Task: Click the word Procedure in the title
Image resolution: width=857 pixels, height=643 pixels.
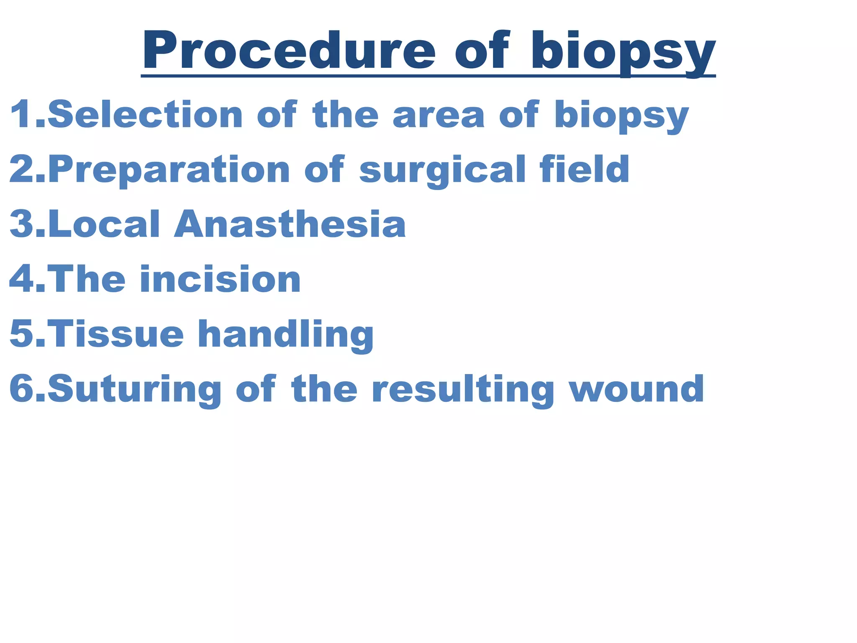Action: point(289,51)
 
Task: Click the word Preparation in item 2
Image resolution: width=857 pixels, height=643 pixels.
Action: point(169,170)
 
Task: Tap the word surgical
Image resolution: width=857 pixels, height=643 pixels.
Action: point(442,171)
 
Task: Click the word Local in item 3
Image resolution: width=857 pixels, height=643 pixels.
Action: point(104,224)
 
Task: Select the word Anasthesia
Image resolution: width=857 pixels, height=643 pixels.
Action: point(290,224)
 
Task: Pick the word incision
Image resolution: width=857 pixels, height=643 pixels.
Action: point(220,279)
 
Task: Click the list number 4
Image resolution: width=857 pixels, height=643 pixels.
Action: point(21,279)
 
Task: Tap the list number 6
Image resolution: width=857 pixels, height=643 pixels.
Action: point(21,389)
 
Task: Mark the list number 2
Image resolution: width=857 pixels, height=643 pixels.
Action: point(21,170)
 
